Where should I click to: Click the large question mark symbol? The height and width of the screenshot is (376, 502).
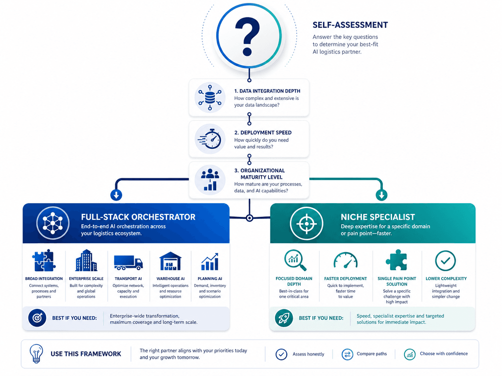pyautogui.click(x=248, y=36)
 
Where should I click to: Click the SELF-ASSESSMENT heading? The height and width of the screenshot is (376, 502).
pyautogui.click(x=350, y=25)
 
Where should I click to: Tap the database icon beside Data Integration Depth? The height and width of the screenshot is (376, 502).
pyautogui.click(x=210, y=97)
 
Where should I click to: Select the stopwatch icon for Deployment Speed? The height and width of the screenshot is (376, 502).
pyautogui.click(x=210, y=139)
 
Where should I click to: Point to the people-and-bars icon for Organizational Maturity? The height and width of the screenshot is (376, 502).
pyautogui.click(x=210, y=179)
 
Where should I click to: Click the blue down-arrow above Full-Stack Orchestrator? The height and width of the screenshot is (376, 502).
pyautogui.click(x=116, y=195)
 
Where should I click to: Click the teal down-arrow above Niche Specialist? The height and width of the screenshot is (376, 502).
pyautogui.click(x=381, y=195)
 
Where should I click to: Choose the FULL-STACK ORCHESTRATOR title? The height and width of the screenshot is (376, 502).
pyautogui.click(x=138, y=217)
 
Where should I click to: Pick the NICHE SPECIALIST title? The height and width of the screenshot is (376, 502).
pyautogui.click(x=378, y=217)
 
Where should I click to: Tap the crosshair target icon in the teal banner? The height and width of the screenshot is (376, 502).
pyautogui.click(x=306, y=223)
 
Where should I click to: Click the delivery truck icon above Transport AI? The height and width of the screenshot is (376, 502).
pyautogui.click(x=128, y=262)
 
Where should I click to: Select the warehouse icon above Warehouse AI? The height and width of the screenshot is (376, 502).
pyautogui.click(x=170, y=261)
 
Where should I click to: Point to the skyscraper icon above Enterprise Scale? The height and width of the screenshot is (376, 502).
pyautogui.click(x=86, y=260)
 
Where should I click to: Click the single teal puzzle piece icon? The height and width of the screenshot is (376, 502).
pyautogui.click(x=397, y=260)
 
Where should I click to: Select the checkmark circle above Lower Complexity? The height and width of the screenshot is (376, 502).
pyautogui.click(x=445, y=260)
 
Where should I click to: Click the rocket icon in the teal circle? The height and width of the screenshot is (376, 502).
pyautogui.click(x=284, y=318)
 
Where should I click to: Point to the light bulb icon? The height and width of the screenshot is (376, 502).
pyautogui.click(x=36, y=353)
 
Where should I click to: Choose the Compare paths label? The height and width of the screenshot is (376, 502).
pyautogui.click(x=372, y=353)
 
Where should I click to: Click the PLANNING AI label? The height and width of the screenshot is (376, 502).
pyautogui.click(x=210, y=279)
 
